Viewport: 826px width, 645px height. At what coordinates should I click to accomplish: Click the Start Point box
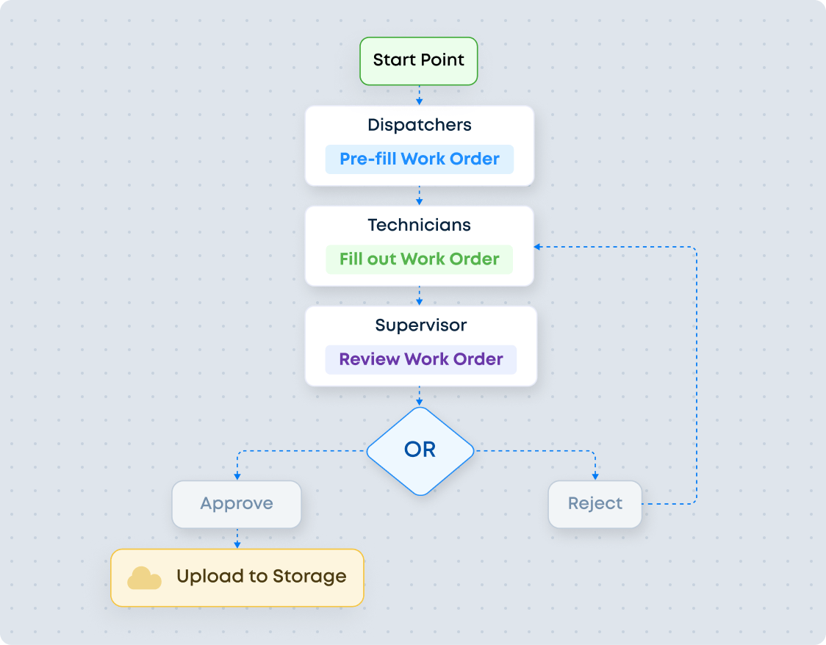(x=419, y=60)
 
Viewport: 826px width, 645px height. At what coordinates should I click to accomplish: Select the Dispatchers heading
(x=419, y=125)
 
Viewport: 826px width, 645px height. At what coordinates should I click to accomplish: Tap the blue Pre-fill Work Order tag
(x=419, y=159)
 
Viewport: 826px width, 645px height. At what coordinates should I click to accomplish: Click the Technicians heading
(x=419, y=225)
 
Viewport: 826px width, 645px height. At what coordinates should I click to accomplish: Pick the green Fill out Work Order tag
(x=419, y=259)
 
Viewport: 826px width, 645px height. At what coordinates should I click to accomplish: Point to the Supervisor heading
(x=420, y=325)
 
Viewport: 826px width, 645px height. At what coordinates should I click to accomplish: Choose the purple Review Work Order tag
(x=420, y=359)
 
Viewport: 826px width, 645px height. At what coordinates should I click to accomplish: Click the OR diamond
(x=420, y=450)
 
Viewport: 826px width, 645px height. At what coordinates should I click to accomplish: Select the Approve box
(x=237, y=504)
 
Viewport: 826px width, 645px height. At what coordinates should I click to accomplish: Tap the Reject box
(x=595, y=504)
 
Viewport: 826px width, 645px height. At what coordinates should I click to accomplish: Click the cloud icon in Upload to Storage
(x=144, y=577)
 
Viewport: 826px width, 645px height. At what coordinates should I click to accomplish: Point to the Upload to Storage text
(x=261, y=577)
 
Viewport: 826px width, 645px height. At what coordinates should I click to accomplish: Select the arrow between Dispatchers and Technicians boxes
(x=419, y=196)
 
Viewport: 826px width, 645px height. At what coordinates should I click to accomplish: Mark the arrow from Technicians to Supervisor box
(x=419, y=296)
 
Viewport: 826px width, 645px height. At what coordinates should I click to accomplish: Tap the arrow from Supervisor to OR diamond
(x=419, y=397)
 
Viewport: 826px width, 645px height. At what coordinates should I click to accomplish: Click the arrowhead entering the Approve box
(x=237, y=477)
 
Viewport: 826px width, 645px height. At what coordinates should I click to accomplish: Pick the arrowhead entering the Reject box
(x=595, y=477)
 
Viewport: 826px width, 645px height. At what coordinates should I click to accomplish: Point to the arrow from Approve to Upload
(x=237, y=538)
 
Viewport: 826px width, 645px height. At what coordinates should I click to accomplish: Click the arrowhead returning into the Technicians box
(x=539, y=247)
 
